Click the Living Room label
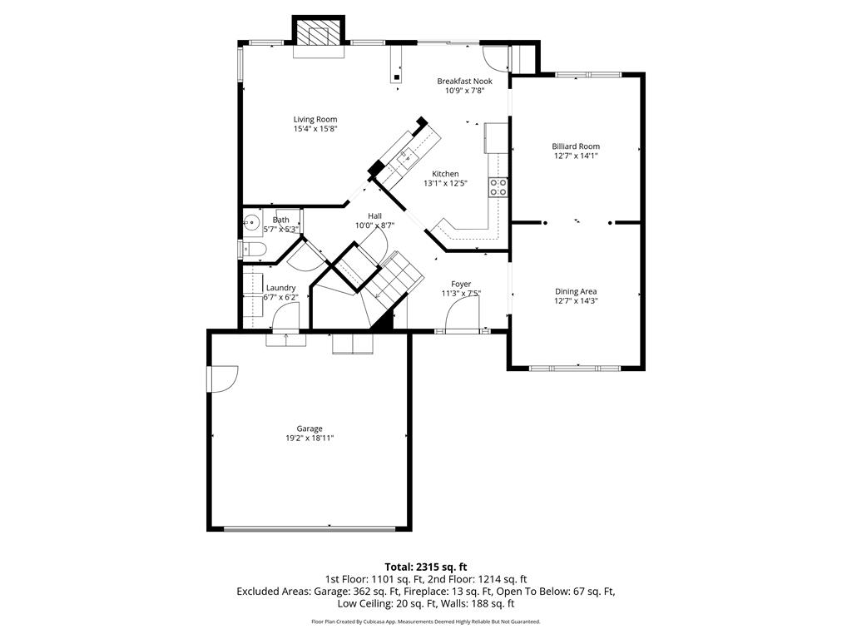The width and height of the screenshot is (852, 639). (x=315, y=120)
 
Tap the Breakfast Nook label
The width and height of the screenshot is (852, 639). (x=464, y=82)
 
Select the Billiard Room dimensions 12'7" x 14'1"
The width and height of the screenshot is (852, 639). (x=576, y=156)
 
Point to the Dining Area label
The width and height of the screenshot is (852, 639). (x=576, y=292)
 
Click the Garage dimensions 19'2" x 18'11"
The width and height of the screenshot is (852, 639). (x=310, y=438)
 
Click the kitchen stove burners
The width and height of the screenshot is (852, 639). (x=499, y=187)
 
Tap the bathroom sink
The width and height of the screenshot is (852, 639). (x=251, y=221)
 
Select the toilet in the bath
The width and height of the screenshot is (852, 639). (x=254, y=250)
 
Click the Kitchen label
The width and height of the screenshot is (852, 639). (x=445, y=174)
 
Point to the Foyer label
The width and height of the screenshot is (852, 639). (x=461, y=285)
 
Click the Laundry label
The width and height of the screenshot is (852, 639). (x=281, y=288)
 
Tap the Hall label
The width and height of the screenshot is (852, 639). (x=374, y=215)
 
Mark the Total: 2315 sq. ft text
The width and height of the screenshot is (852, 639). (x=426, y=567)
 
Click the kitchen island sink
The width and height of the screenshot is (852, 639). (x=406, y=157)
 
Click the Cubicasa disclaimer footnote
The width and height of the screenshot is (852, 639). (x=426, y=621)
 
